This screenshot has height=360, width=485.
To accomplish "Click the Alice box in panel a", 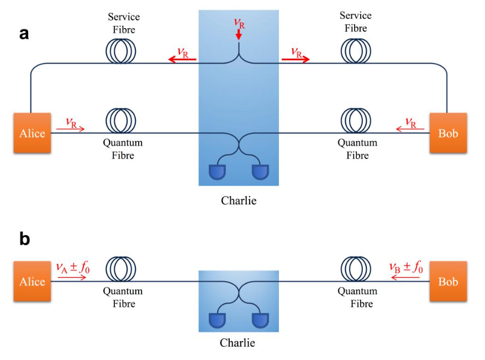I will point(33,133).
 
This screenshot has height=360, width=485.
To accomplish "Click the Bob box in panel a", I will point(448,133).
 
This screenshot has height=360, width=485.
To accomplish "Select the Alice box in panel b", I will point(33,282).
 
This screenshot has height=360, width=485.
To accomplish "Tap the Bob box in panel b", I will point(448,282).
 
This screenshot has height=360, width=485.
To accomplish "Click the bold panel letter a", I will point(24,34).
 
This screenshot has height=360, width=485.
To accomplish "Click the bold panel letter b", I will point(24,239).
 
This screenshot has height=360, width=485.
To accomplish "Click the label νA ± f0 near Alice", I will point(73,268).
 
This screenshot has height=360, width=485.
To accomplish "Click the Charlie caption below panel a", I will point(239,200).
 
